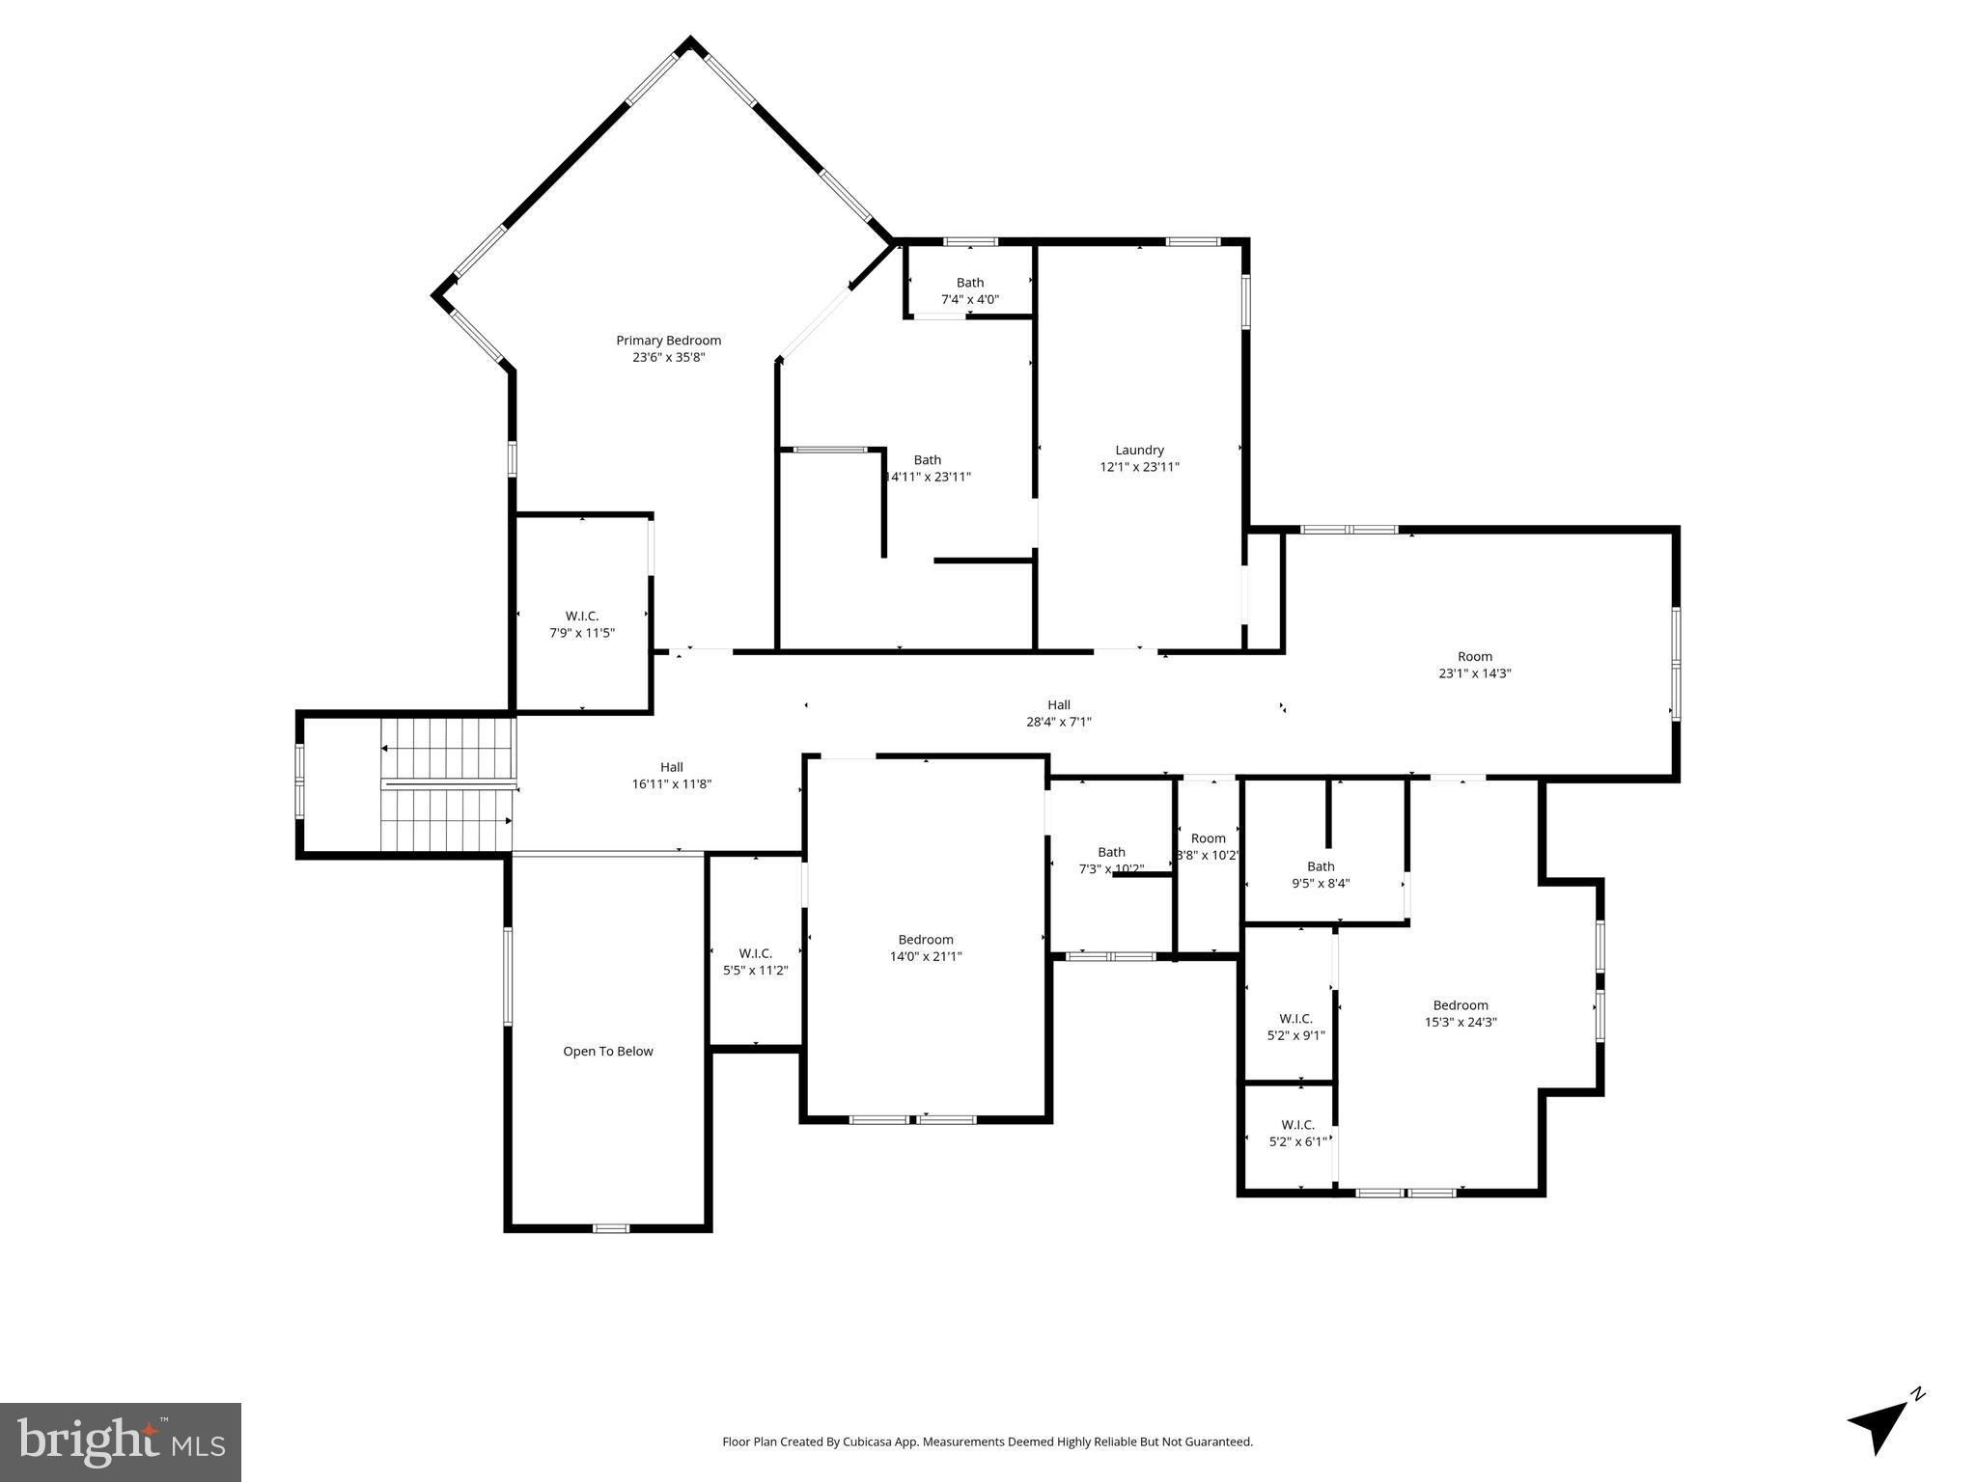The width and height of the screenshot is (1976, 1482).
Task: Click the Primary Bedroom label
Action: pyautogui.click(x=668, y=348)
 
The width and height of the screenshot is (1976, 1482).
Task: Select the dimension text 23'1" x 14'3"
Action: pyautogui.click(x=1474, y=673)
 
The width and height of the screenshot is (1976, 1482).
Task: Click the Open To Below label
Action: pyautogui.click(x=608, y=1051)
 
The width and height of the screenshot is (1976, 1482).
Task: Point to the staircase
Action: pyautogui.click(x=447, y=784)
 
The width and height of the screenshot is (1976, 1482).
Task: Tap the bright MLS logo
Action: pyautogui.click(x=120, y=1441)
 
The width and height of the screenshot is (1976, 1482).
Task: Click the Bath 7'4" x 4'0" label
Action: pyautogui.click(x=969, y=290)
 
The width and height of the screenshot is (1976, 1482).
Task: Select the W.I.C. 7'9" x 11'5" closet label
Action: pyautogui.click(x=581, y=624)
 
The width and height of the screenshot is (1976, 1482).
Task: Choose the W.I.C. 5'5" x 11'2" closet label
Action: pyautogui.click(x=755, y=962)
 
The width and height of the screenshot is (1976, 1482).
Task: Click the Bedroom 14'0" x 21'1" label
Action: pyautogui.click(x=925, y=947)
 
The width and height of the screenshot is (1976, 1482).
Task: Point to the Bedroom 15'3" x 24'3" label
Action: pyautogui.click(x=1460, y=1013)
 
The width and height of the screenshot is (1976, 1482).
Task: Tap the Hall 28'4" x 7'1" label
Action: pyautogui.click(x=1058, y=713)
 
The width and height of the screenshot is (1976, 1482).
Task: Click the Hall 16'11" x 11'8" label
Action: pyautogui.click(x=671, y=776)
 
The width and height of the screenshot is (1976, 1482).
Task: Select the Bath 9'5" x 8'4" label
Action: pyautogui.click(x=1320, y=874)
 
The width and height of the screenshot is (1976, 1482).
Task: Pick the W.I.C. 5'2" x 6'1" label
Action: pyautogui.click(x=1297, y=1133)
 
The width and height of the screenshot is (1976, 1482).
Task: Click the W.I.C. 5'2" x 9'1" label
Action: pyautogui.click(x=1295, y=1027)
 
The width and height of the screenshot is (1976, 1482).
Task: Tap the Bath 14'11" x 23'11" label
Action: pyautogui.click(x=927, y=468)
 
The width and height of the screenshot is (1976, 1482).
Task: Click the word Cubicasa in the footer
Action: pyautogui.click(x=868, y=1441)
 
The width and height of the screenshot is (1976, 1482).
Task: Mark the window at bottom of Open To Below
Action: pyautogui.click(x=610, y=1228)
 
